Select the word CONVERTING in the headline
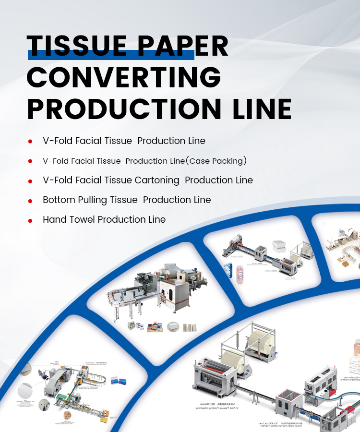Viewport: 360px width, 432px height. click(124, 77)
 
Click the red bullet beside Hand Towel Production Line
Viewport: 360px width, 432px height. click(30, 220)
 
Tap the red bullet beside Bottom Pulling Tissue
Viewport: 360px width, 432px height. click(30, 201)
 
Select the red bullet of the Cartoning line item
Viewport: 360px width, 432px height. click(30, 181)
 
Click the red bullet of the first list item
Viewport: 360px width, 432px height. click(30, 142)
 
